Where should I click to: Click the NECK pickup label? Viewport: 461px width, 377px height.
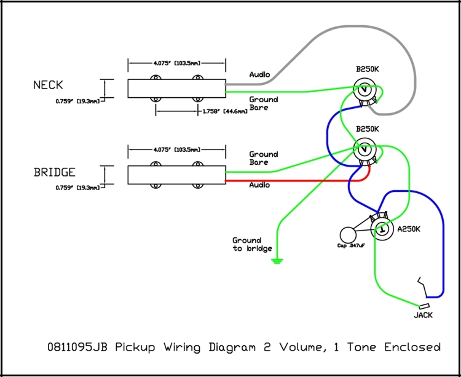(48, 85)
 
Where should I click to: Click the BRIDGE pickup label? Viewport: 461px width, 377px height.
(55, 173)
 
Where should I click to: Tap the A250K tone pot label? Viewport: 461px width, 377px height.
(410, 229)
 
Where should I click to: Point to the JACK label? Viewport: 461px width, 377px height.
(423, 315)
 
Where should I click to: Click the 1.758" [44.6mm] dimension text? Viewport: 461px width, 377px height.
(224, 111)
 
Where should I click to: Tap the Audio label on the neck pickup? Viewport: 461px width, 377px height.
(259, 75)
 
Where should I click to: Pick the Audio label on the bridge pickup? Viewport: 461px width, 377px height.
(259, 185)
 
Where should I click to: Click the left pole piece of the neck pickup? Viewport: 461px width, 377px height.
(155, 79)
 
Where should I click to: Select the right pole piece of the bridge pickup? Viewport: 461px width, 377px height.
(197, 165)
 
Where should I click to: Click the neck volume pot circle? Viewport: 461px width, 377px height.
(365, 93)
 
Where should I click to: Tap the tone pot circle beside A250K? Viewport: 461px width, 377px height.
(382, 229)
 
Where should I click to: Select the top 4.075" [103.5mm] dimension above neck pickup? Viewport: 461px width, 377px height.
(176, 63)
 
